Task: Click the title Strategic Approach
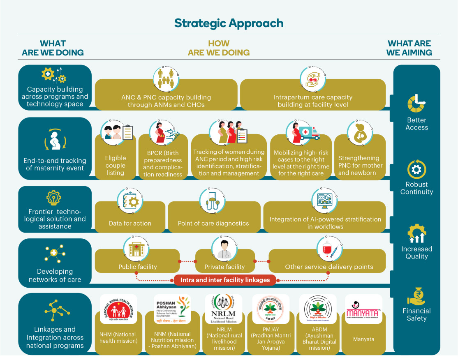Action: [229, 23]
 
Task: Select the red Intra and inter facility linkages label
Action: [224, 280]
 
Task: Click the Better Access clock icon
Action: [416, 104]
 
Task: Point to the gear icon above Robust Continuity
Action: [416, 169]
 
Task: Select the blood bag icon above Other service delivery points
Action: [329, 248]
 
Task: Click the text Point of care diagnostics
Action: [213, 224]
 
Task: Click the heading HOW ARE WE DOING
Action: [219, 48]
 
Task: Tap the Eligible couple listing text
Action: [116, 165]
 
